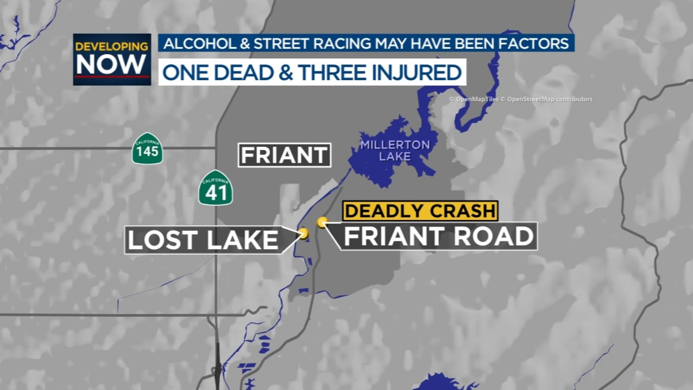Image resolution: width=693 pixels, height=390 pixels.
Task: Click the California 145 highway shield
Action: pos(147,149)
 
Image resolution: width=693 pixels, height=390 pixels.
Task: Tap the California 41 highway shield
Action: pos(216,188)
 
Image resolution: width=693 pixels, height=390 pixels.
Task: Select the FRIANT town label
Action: pos(284,155)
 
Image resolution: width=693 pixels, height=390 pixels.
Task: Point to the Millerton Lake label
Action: pos(395,150)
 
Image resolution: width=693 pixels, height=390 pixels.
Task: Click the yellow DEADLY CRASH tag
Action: pos(420,211)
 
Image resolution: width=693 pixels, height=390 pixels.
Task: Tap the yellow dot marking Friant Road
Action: pos(322,222)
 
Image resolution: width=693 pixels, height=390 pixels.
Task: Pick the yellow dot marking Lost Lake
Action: pos(304,234)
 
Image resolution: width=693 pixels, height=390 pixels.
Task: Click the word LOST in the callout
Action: pos(162,240)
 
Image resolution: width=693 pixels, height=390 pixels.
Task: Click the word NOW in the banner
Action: pos(111,65)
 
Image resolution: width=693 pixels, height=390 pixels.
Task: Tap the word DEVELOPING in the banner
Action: pos(112,46)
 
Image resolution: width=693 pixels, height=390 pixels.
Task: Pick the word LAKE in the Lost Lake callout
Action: pos(243,240)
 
